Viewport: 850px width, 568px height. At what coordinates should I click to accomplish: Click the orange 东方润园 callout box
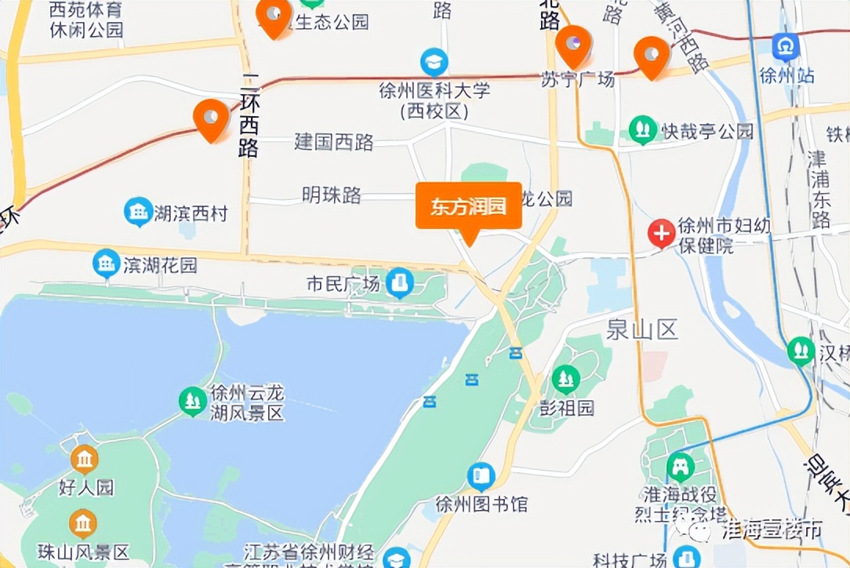click(x=468, y=207)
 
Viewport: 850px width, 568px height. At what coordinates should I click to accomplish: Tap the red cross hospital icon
click(x=662, y=233)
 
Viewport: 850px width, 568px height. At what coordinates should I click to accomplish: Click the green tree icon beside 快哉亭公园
click(x=642, y=129)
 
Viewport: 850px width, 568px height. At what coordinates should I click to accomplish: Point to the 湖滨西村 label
click(x=191, y=213)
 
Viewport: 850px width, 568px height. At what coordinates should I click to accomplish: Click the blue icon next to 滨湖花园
click(x=107, y=264)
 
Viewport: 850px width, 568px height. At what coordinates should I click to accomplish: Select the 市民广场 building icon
click(x=400, y=283)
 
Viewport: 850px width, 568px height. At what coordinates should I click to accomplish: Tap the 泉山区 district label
click(x=641, y=330)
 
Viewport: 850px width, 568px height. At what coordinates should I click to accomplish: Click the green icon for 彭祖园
click(x=565, y=380)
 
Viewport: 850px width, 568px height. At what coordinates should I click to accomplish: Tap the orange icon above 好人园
click(x=84, y=459)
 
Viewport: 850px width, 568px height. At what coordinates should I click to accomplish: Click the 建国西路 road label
click(x=334, y=142)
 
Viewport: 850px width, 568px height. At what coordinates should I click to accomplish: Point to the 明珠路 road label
click(x=332, y=195)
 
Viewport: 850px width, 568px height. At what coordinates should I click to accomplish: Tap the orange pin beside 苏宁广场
click(x=573, y=44)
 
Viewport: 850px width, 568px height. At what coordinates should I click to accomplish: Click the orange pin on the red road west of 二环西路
click(x=211, y=118)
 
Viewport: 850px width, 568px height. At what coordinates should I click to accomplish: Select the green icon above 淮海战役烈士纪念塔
click(x=680, y=468)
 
